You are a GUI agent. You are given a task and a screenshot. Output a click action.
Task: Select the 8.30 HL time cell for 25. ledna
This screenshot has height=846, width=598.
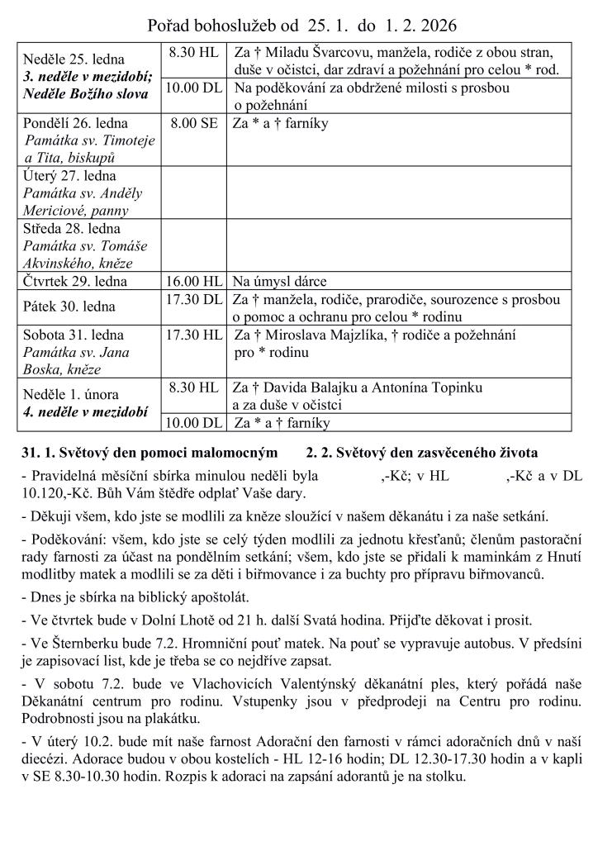(193, 52)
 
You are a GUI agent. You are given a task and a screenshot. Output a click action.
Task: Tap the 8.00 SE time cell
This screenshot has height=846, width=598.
(193, 123)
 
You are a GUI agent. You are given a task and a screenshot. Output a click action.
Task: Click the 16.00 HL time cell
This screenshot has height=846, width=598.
(193, 280)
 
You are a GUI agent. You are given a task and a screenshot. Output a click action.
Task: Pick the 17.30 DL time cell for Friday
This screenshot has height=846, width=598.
(193, 298)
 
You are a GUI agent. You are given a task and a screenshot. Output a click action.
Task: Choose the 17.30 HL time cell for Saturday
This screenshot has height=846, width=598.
(193, 335)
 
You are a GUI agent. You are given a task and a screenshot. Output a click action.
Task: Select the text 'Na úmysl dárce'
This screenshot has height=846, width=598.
(279, 281)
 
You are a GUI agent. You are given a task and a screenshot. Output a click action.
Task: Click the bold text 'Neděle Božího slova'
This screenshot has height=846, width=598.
(85, 93)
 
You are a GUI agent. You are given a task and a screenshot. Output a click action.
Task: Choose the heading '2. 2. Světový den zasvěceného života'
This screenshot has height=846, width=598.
(421, 454)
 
